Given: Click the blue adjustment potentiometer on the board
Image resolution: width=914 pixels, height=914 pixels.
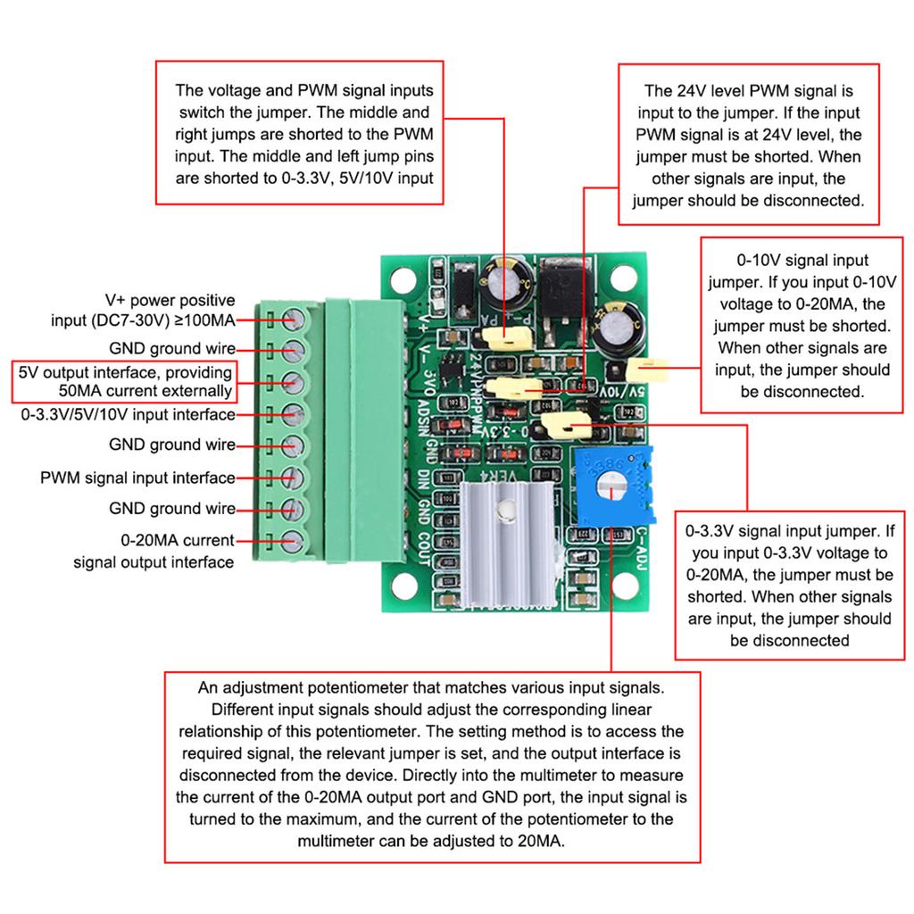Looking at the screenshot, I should coord(614,487).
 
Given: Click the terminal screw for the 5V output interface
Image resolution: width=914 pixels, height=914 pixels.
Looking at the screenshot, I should coord(290,381).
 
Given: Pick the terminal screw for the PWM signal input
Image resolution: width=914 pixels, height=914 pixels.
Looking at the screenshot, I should coord(290,478).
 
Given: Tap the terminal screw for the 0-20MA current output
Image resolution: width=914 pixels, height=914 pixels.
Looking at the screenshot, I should coord(290,540).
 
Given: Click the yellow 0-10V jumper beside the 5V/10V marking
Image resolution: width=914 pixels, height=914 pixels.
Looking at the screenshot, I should coord(647,367).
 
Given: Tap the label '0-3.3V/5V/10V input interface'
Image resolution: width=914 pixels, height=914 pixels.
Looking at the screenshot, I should coord(128,415).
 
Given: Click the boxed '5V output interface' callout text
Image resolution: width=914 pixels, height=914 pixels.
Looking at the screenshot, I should coord(126,381).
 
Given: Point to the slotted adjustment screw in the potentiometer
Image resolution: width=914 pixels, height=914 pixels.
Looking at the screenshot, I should coord(609,488).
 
